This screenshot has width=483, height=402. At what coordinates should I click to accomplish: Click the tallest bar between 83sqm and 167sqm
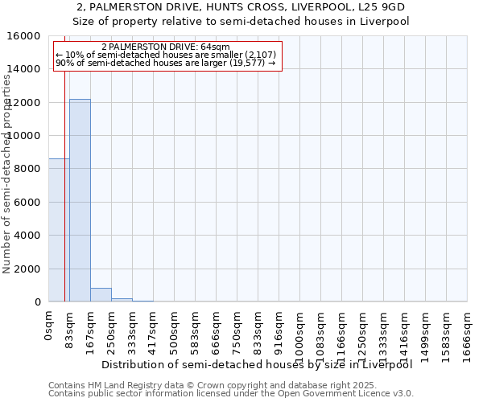tap(80, 200)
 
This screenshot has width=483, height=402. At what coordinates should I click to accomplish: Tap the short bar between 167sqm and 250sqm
tap(101, 294)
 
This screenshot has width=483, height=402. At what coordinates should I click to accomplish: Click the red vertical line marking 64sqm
tap(64, 177)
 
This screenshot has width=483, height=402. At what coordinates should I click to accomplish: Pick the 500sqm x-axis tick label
tap(175, 330)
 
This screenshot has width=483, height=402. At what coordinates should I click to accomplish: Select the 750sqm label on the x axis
tap(237, 330)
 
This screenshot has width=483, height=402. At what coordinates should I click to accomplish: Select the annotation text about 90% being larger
tap(166, 63)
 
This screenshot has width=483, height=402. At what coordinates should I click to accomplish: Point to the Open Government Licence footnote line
tap(230, 393)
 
